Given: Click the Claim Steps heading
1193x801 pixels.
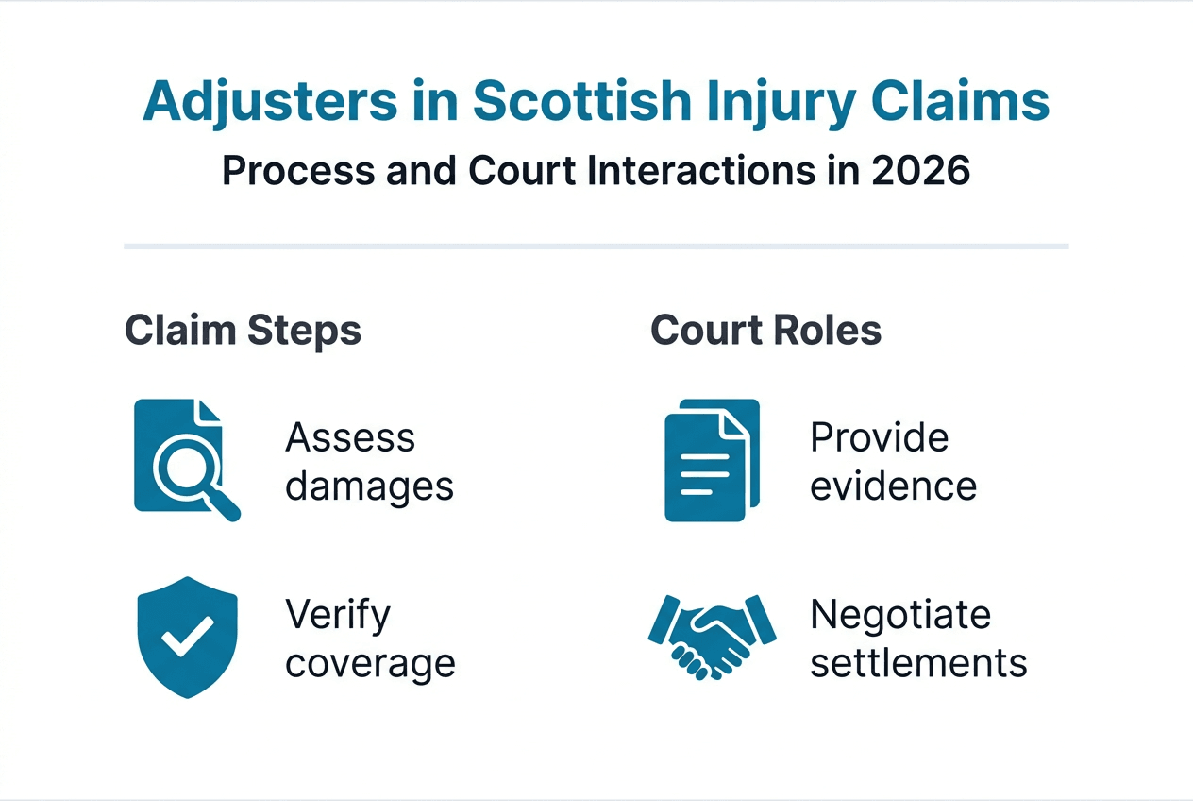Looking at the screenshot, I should pos(243,331).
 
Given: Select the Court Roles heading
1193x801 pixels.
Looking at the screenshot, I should pos(765,331).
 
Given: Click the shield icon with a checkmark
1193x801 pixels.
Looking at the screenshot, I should pos(186,638).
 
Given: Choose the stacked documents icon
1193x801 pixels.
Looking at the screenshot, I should pos(711,460).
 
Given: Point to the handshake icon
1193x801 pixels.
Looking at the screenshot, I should pos(711,636).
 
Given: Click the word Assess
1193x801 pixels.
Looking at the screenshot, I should pos(350,437).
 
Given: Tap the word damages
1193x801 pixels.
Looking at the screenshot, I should pos(369,486).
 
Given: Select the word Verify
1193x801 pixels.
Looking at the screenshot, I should pos(337,615).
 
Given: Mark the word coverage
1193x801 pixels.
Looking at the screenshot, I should pos(370,663).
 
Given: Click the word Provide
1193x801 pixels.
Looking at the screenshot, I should pos(879,437).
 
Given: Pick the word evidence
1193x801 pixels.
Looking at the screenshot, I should pos(893,486).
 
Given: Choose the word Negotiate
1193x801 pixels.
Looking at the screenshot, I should pos(900,615).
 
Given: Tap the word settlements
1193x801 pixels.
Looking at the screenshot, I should pos(918,663).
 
